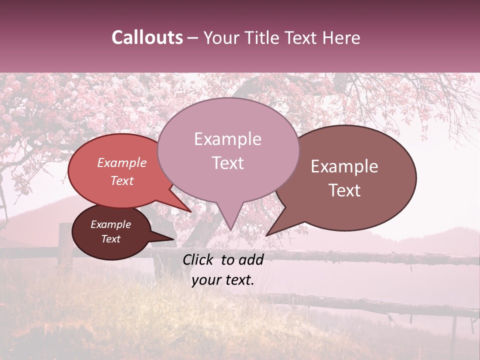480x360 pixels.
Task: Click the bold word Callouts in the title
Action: click(x=147, y=37)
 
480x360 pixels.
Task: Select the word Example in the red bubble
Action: click(x=122, y=162)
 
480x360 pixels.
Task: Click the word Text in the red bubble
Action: click(x=122, y=180)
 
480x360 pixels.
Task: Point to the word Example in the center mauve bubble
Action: click(x=227, y=139)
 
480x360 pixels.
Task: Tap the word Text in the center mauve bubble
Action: click(x=227, y=162)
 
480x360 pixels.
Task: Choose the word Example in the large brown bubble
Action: click(x=344, y=166)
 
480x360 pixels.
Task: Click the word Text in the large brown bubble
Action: click(x=344, y=190)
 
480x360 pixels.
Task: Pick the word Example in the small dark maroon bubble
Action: click(x=111, y=224)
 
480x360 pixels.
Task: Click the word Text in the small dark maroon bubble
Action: click(x=111, y=239)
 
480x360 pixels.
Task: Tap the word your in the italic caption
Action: click(x=205, y=280)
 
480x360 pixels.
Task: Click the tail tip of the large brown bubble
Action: click(x=266, y=235)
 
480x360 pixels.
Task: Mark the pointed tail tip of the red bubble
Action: click(x=191, y=211)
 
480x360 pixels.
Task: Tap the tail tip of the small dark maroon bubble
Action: click(x=174, y=239)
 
